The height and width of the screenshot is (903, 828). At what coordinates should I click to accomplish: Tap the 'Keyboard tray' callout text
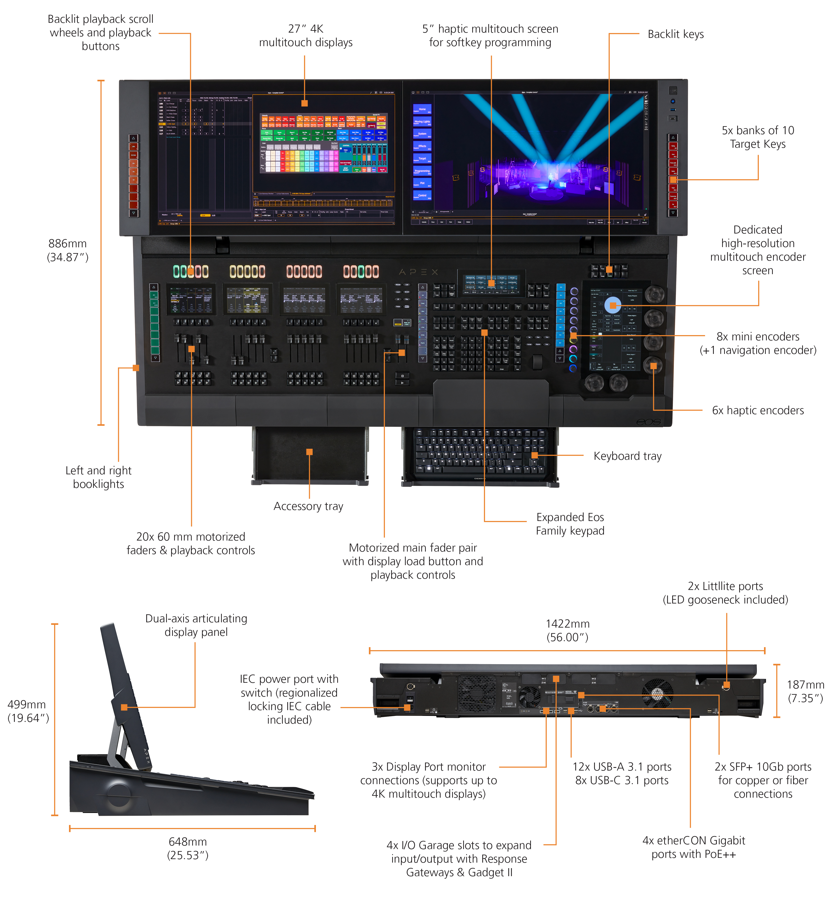pyautogui.click(x=627, y=456)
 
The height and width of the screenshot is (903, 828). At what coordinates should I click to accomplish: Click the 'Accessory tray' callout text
pyautogui.click(x=308, y=506)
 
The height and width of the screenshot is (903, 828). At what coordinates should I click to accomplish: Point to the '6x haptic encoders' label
pyautogui.click(x=758, y=410)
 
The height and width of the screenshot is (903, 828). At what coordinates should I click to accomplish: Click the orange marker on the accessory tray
pyautogui.click(x=309, y=452)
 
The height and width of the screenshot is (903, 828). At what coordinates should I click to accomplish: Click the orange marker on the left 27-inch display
pyautogui.click(x=305, y=103)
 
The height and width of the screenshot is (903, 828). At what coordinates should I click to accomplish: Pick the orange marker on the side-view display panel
pyautogui.click(x=124, y=707)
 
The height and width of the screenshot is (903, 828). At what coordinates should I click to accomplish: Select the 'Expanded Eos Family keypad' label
pyautogui.click(x=570, y=524)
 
